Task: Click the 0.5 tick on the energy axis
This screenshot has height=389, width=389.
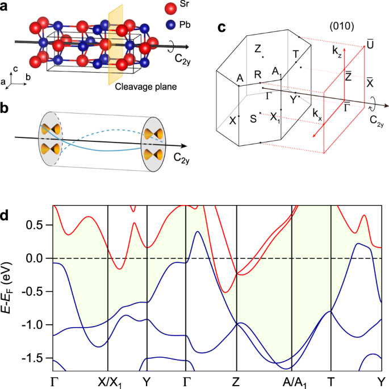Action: click(x=37, y=225)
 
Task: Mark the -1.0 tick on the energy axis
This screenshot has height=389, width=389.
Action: click(x=35, y=325)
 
